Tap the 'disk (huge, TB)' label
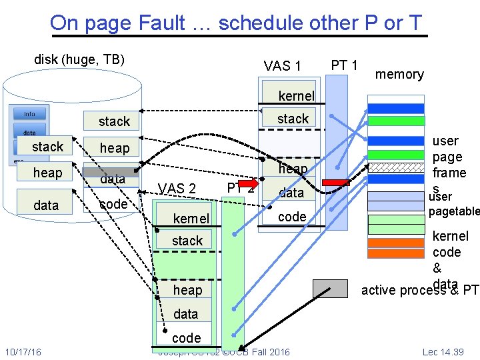coord(79,59)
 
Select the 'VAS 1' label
coord(282,65)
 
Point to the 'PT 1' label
coord(345,65)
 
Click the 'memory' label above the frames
coord(399,74)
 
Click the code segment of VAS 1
coord(292,217)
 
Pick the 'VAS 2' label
coord(177,189)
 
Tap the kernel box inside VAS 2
coord(191,219)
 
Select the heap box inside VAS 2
coord(187,290)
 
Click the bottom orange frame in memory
coord(395,253)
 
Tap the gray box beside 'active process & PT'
coord(331,288)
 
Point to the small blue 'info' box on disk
coord(30,114)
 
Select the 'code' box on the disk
coord(113,204)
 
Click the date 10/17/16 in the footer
coord(23,351)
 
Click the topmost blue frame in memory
coord(395,109)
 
